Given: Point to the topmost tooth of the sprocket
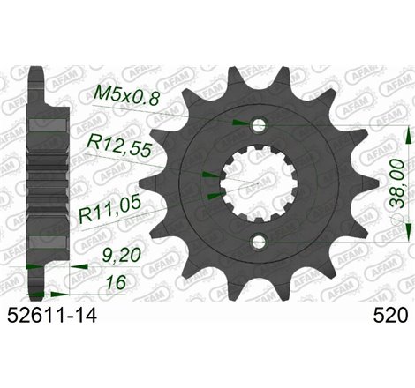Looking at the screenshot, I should [x=262, y=62].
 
